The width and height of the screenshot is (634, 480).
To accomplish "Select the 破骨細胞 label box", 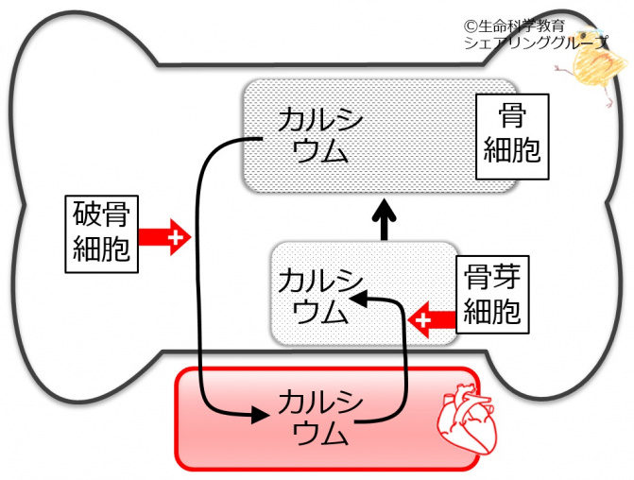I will pos(100,233).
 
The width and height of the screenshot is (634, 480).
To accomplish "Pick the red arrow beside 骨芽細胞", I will pos(432,319).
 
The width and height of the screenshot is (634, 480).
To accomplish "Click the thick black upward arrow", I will pos(386,219).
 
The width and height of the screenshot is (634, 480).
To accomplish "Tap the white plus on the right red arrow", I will pos(422,319).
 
